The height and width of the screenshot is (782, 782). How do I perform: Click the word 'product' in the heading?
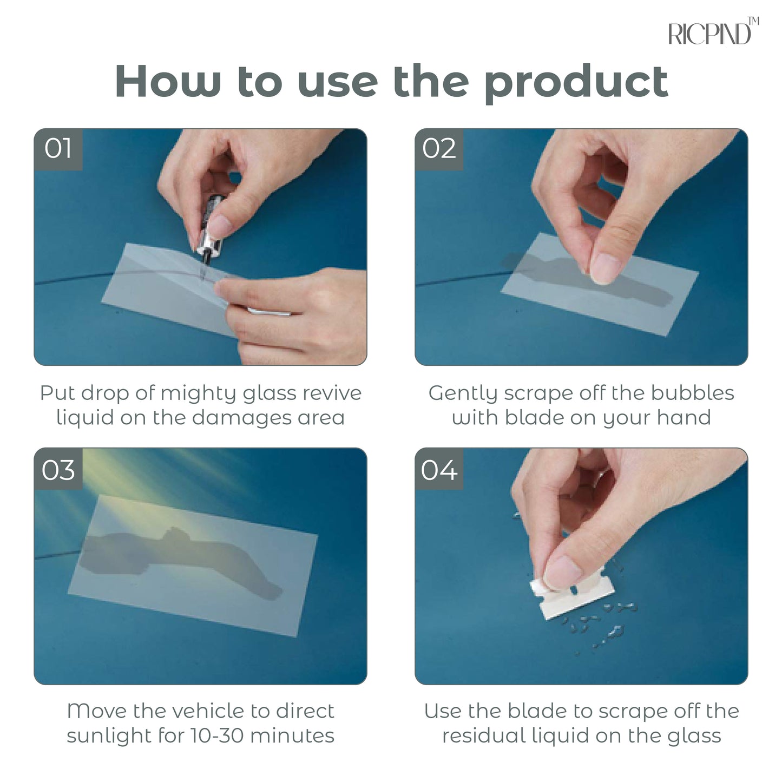click(577, 84)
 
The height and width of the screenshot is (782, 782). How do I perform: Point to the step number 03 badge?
click(58, 470)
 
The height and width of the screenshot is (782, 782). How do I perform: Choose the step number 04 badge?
click(439, 470)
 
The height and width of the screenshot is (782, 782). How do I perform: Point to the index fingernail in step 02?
click(604, 268)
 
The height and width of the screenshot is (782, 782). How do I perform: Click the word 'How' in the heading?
click(168, 81)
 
